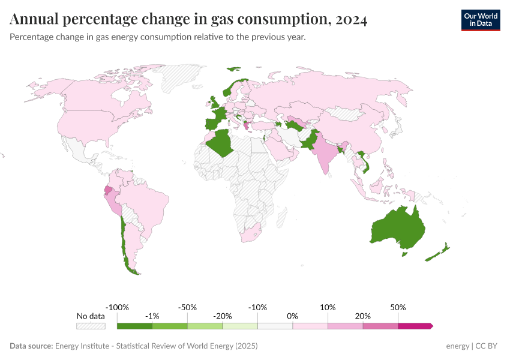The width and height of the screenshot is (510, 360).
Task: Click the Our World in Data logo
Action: click(x=480, y=20)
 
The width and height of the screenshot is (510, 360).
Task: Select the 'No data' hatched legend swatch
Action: click(x=91, y=326)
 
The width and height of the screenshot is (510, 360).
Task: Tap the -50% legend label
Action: click(x=187, y=307)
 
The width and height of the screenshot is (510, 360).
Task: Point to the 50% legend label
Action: click(x=398, y=307)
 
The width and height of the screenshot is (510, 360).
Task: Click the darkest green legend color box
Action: click(x=134, y=326)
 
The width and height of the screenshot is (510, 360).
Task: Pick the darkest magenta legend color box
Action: click(x=415, y=326)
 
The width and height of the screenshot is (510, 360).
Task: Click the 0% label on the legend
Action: click(x=293, y=316)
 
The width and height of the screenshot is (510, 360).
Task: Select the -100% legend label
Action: click(x=117, y=307)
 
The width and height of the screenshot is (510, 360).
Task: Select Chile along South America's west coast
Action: click(x=125, y=246)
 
